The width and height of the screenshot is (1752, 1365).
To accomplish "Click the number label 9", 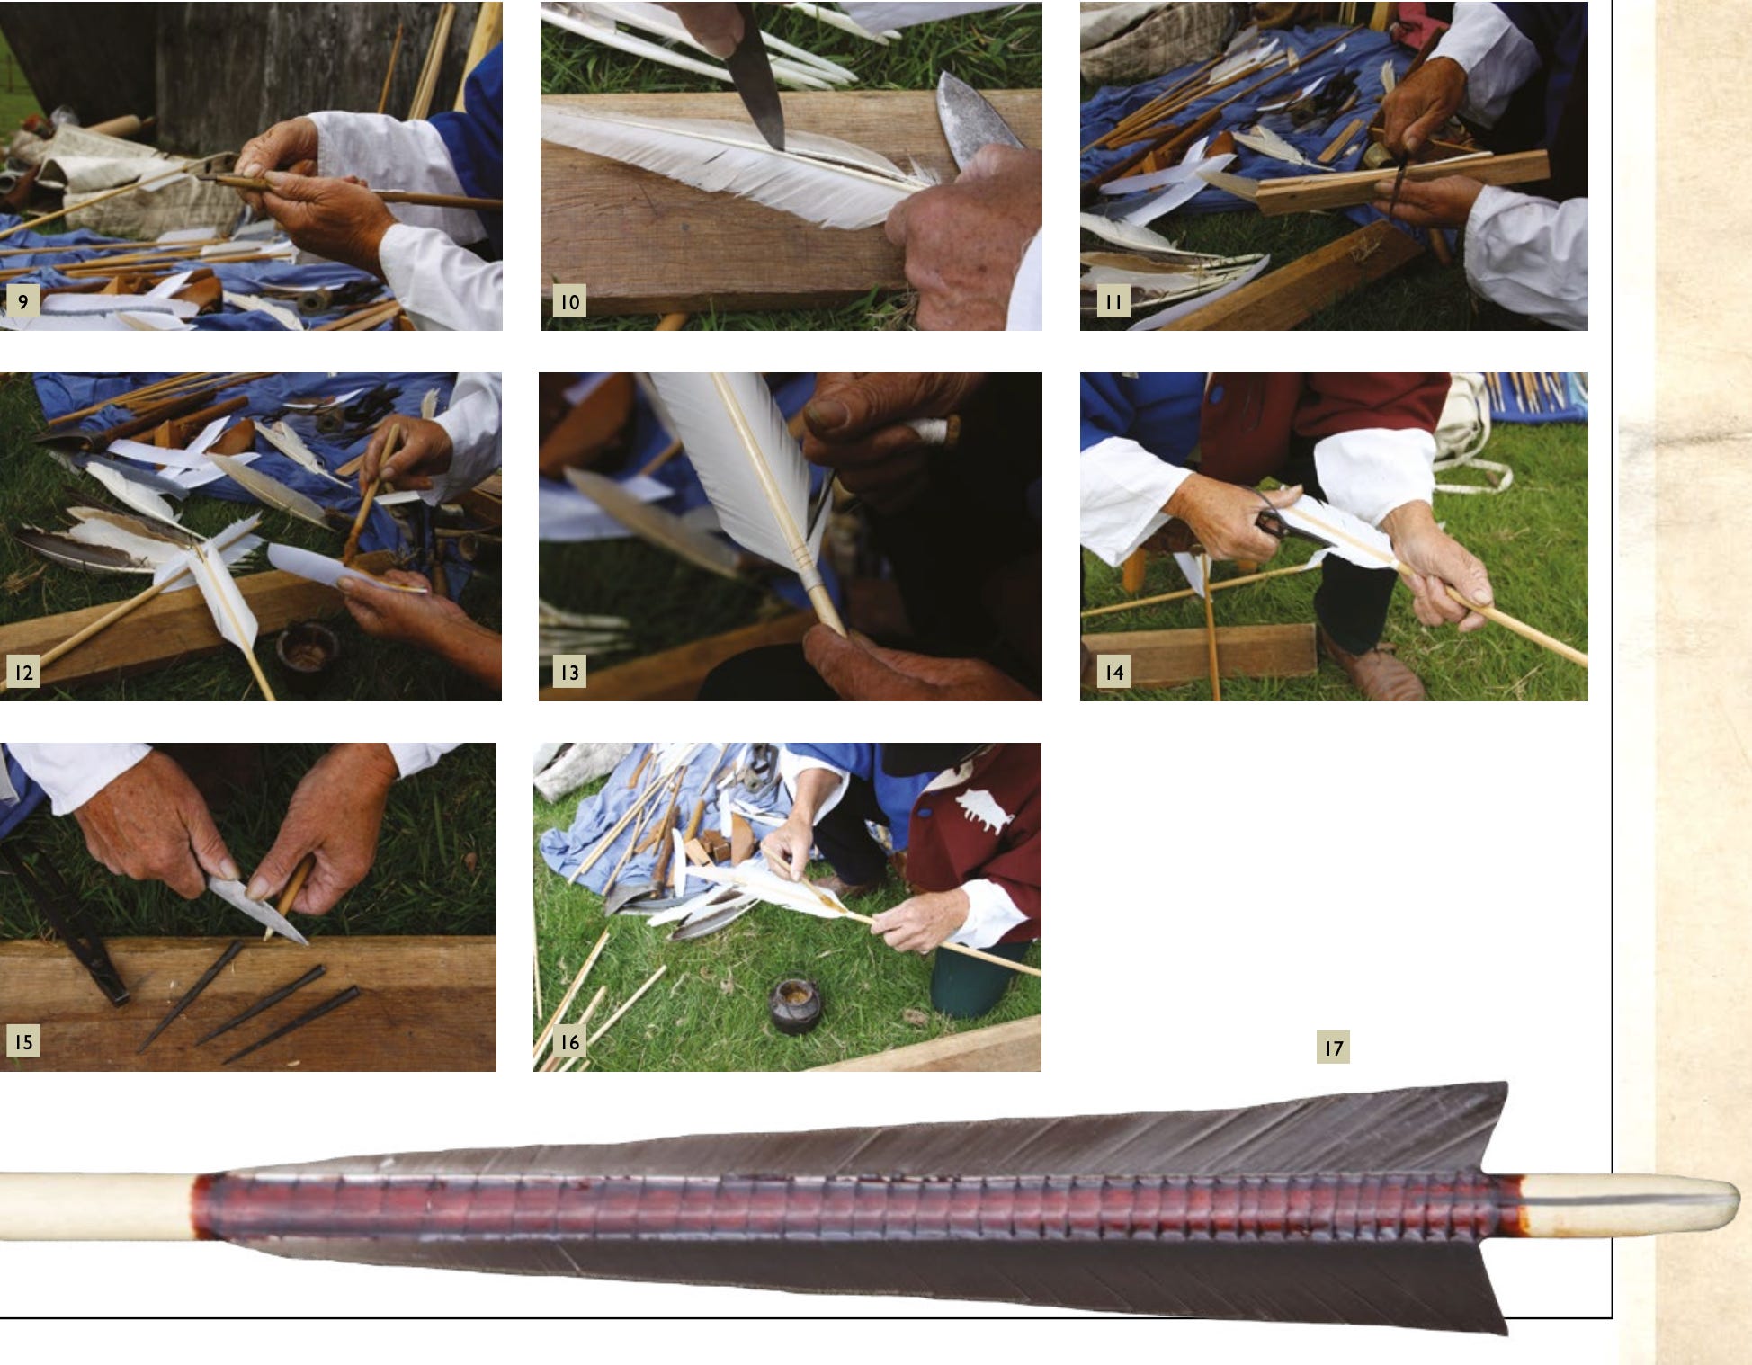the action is tap(23, 301).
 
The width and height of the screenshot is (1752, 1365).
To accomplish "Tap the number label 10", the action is tap(569, 301).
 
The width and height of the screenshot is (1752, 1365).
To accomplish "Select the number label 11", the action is tap(1113, 301).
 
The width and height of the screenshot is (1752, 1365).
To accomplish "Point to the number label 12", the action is tap(23, 672).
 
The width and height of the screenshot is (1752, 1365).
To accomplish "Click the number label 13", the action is tap(569, 672).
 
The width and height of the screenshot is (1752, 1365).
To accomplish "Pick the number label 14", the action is tap(1113, 672).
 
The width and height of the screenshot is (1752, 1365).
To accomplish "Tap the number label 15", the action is tap(23, 1042).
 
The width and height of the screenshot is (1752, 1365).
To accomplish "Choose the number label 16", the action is tap(569, 1042).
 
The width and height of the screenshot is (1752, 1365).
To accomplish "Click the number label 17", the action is tap(1333, 1048).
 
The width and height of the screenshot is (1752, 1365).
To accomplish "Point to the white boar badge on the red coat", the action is tap(983, 807).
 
